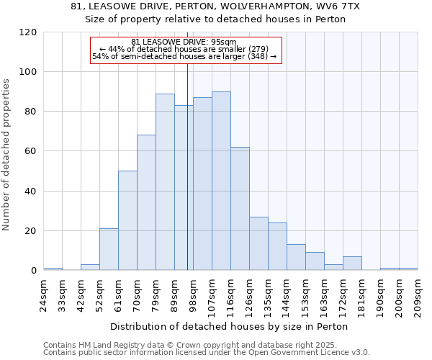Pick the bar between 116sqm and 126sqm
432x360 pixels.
click(240, 209)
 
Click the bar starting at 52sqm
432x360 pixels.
click(109, 249)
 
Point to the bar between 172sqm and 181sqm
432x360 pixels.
click(352, 264)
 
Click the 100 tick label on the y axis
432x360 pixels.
click(28, 72)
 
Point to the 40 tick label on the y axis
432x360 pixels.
click(31, 192)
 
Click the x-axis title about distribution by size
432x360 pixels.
click(230, 326)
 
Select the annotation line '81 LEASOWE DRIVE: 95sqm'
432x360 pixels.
click(185, 42)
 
